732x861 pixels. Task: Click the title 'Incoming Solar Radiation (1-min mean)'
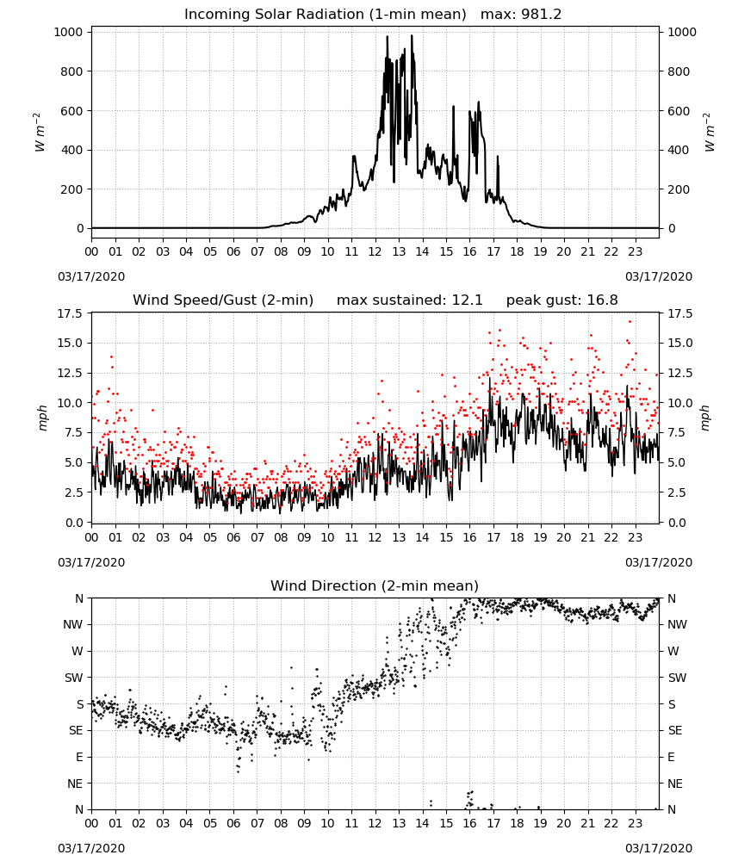[x=325, y=15]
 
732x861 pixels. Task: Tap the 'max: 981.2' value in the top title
[x=521, y=15]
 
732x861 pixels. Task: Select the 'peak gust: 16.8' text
[x=561, y=300]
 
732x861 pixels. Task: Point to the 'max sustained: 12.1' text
[x=410, y=300]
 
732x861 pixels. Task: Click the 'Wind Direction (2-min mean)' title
[x=375, y=585]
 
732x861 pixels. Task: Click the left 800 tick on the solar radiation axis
[x=73, y=71]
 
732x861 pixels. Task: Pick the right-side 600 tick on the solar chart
[x=679, y=111]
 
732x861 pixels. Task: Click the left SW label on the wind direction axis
[x=74, y=678]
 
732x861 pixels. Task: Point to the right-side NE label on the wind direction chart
[x=675, y=784]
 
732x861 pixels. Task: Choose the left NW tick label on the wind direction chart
[x=73, y=624]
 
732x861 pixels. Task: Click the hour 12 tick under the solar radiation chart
[x=375, y=252]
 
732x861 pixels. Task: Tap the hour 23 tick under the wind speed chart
[x=636, y=537]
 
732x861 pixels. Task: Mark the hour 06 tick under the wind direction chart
[x=233, y=824]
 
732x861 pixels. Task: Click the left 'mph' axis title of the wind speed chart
[x=43, y=418]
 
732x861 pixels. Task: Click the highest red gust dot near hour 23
[x=630, y=322]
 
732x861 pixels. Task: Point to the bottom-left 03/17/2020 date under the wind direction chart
[x=91, y=848]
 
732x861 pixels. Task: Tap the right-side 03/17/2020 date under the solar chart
[x=659, y=276]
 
